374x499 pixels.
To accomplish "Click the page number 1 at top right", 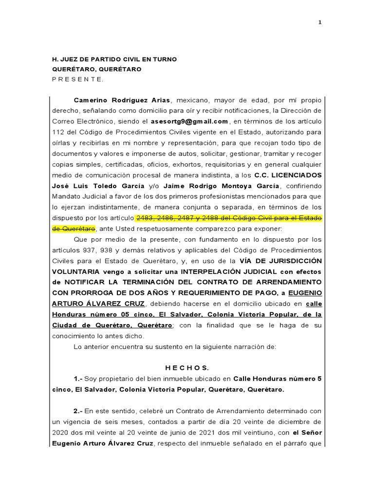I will (320, 22).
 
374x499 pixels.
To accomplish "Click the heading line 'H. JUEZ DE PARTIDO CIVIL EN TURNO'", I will (114, 59).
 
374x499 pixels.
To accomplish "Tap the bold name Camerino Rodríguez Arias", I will (122, 100).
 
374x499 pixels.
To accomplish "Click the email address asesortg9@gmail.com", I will (189, 121).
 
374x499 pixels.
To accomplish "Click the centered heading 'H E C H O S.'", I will (187, 367).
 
